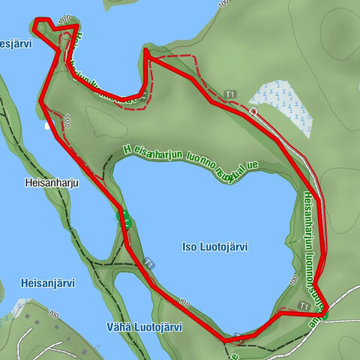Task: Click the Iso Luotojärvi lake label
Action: point(214,246)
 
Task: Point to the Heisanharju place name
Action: point(51,181)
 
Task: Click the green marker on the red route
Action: point(124,219)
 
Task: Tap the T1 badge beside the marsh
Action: point(230,94)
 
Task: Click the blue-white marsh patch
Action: point(280,105)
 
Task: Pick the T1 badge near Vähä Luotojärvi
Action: point(150,263)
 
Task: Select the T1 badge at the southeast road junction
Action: point(303,306)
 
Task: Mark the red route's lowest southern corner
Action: point(225,341)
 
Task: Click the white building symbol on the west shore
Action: point(49,126)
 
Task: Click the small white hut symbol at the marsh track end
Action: point(253,111)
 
